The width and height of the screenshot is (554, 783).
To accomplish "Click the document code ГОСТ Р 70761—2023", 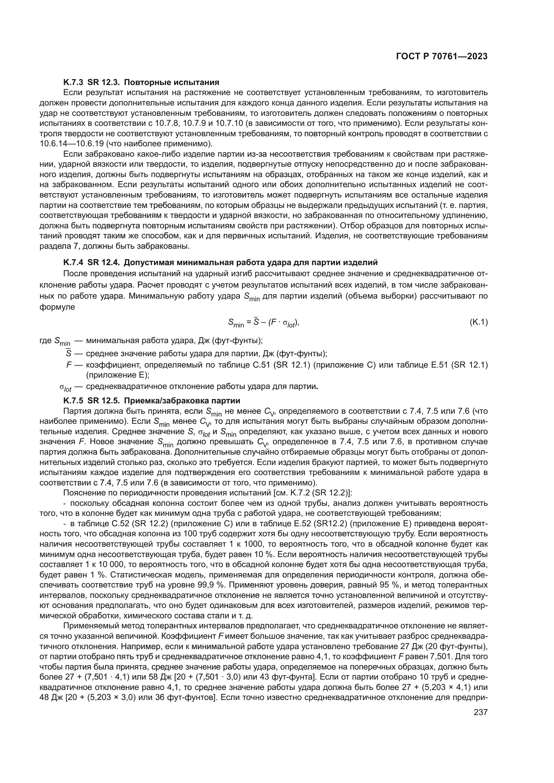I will (441, 57).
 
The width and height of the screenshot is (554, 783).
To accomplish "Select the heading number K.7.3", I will (73, 82).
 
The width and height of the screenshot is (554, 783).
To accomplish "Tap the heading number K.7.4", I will (73, 262).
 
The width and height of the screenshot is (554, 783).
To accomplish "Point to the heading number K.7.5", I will (73, 400).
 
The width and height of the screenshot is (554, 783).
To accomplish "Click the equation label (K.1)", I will (479, 322).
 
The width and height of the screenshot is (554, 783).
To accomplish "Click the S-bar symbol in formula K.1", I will (257, 322).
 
